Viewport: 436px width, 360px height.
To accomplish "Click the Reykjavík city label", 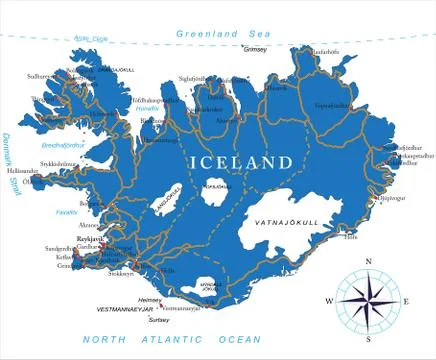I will (x=92, y=240).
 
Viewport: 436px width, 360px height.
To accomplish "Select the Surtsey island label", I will (x=160, y=322).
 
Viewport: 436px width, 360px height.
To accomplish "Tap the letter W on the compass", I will (x=329, y=300).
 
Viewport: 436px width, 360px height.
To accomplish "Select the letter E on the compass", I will (x=405, y=300).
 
